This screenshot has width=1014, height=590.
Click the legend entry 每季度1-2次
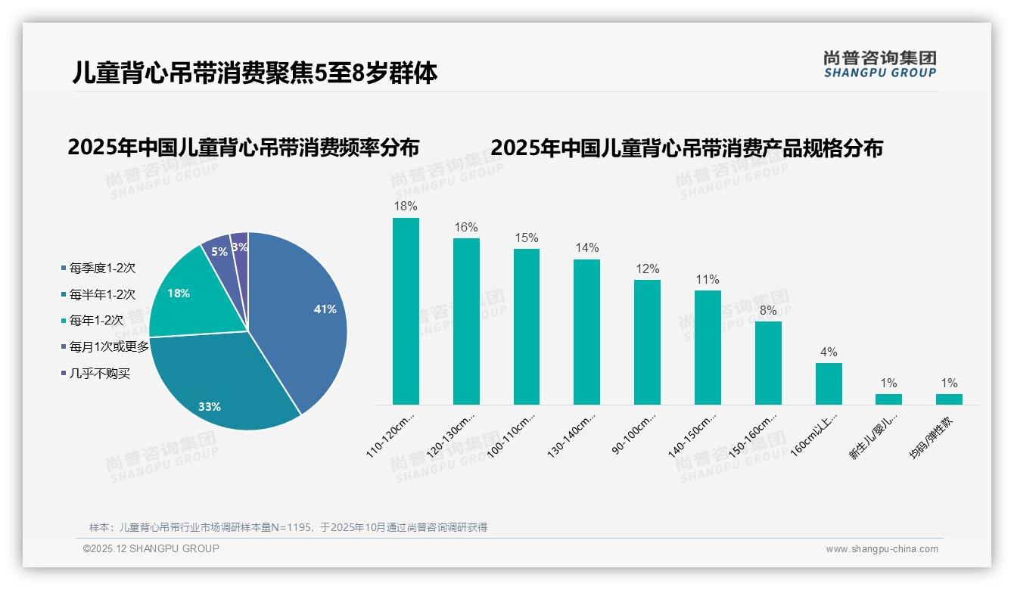pos(102,268)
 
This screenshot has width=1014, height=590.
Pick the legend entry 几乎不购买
pos(100,374)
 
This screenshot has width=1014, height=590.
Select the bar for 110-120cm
pos(406,311)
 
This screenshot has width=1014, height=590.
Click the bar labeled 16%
pos(466,321)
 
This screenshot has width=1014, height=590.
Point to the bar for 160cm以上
pos(829,383)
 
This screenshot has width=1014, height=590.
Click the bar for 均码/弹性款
pos(949,399)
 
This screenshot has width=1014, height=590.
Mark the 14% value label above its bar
pos(587,248)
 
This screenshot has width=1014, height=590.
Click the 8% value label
pos(768,310)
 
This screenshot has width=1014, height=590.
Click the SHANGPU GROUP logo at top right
pos(880,64)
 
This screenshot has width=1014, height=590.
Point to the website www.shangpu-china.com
pos(882,549)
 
